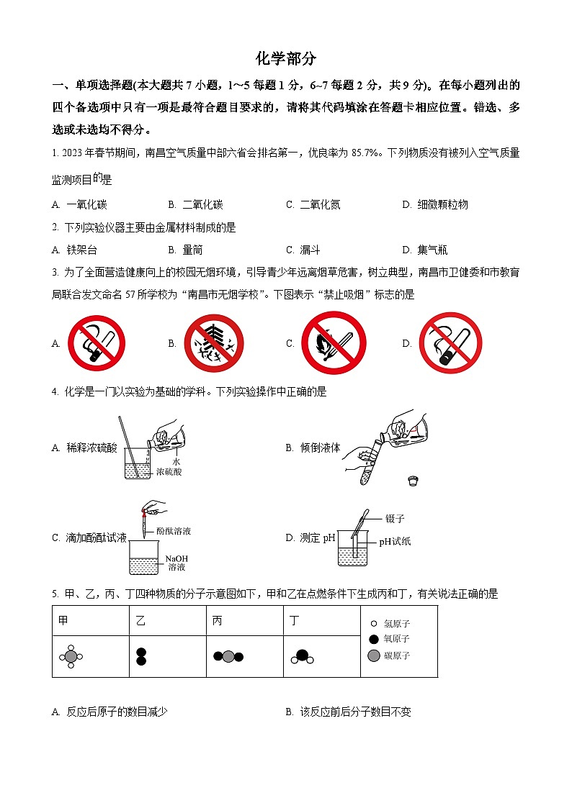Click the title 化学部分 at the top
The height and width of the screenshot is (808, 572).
point(286,59)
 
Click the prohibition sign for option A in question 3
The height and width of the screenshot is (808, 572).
point(97,343)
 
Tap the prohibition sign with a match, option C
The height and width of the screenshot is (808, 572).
point(334,343)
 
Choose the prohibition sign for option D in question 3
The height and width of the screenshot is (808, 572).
point(450,343)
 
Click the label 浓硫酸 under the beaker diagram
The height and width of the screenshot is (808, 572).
point(169,472)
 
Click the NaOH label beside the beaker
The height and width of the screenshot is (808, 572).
point(176,558)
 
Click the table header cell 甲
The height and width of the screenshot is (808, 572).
point(64,621)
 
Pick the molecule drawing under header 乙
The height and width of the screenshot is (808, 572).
point(141,656)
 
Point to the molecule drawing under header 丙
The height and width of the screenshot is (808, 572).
point(228,656)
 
